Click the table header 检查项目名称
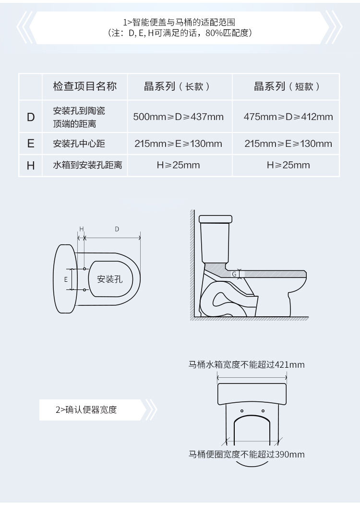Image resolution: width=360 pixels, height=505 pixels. click(84, 86)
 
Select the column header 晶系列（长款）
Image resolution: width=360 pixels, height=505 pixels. click(178, 86)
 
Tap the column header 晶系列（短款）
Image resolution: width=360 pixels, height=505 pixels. click(287, 86)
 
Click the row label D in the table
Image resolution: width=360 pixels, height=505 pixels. click(31, 117)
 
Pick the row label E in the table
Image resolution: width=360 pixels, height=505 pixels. click(31, 144)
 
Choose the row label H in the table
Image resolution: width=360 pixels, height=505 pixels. click(31, 165)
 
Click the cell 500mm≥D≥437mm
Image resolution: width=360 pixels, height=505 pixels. click(178, 117)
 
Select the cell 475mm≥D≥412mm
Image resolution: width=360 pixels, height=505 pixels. click(288, 117)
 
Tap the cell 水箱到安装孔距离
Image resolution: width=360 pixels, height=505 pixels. click(87, 165)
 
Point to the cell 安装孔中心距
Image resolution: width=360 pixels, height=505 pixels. click(79, 144)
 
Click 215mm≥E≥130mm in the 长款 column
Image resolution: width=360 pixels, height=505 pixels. click(178, 144)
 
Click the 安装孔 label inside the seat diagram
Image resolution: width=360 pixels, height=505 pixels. click(109, 279)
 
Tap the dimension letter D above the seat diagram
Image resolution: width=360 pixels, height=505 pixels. click(117, 229)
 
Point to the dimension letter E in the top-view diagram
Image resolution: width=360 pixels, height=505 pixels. click(66, 279)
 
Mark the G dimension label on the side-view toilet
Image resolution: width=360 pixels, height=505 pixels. click(234, 274)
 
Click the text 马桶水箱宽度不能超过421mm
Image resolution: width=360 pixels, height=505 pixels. click(246, 364)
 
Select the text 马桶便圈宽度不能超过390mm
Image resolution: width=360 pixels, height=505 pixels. click(246, 454)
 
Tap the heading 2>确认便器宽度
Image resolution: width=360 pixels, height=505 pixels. click(86, 409)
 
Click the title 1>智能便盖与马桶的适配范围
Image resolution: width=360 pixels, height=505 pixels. click(180, 22)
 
